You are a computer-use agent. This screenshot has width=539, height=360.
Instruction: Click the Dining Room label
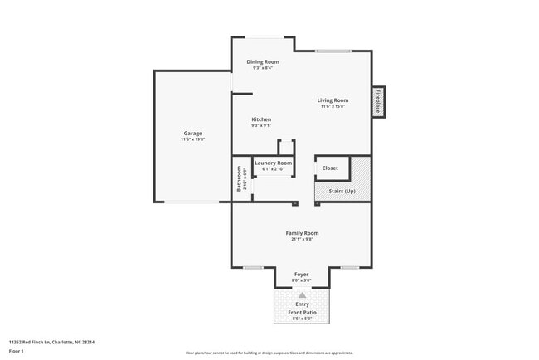tap(263, 61)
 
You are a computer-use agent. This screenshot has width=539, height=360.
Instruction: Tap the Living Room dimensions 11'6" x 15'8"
tap(332, 106)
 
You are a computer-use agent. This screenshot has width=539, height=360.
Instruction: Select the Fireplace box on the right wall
tap(378, 101)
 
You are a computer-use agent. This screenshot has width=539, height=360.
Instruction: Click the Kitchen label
tap(261, 119)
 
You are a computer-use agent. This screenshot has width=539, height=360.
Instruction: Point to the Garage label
tap(192, 134)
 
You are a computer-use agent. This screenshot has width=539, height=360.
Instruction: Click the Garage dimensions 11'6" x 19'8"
tap(192, 139)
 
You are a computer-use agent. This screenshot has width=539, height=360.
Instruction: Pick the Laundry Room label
tap(273, 163)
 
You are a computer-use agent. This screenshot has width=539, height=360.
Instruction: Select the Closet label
tap(330, 168)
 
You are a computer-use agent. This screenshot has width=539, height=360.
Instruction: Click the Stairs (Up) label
tap(342, 192)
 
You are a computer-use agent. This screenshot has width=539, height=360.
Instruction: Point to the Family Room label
tap(302, 233)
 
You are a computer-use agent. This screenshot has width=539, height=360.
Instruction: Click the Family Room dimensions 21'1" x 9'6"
tap(302, 240)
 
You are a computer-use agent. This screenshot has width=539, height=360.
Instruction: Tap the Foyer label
tap(302, 274)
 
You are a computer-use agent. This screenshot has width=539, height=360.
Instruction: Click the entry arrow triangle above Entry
tap(302, 295)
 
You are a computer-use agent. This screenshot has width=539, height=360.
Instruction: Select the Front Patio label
tap(302, 312)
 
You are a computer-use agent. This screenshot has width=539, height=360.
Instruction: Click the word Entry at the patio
tap(302, 304)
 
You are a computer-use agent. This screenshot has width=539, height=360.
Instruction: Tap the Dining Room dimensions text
tap(263, 68)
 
